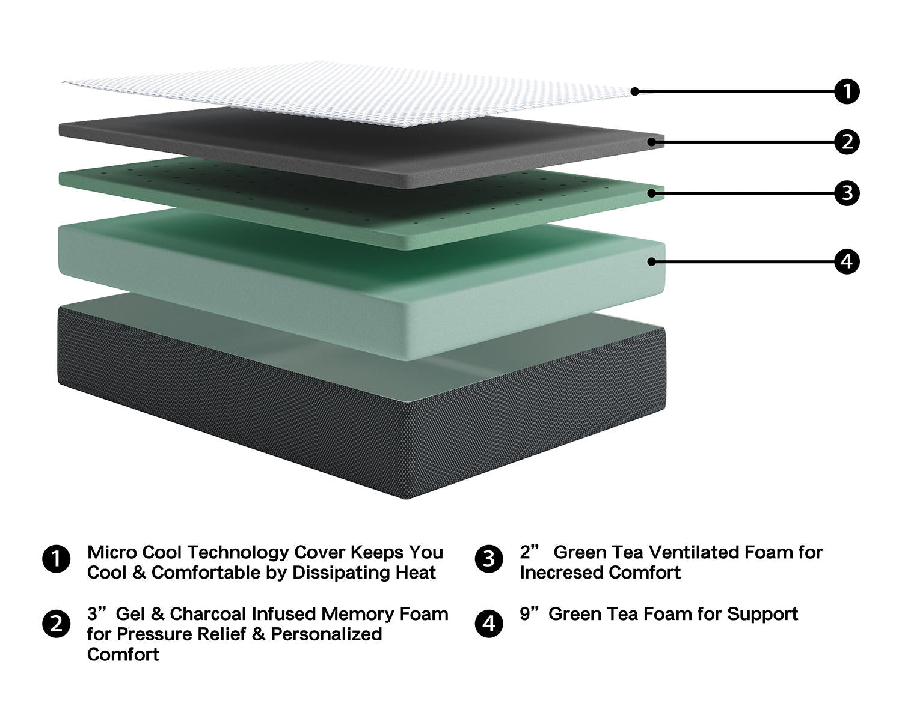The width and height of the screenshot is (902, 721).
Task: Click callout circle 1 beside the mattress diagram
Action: [x=847, y=91]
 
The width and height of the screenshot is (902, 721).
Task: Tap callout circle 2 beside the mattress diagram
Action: [x=847, y=142]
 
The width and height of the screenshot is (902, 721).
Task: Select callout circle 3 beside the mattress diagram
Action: [x=847, y=193]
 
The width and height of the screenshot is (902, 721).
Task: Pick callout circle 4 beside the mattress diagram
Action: [x=847, y=261]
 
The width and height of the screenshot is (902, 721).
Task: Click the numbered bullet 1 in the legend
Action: [x=57, y=559]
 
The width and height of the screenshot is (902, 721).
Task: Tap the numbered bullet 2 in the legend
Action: [x=57, y=624]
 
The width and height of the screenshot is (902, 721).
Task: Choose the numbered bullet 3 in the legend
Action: [x=489, y=559]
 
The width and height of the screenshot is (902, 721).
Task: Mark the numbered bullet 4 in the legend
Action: [x=489, y=624]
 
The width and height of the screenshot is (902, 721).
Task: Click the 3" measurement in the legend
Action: [x=96, y=614]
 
